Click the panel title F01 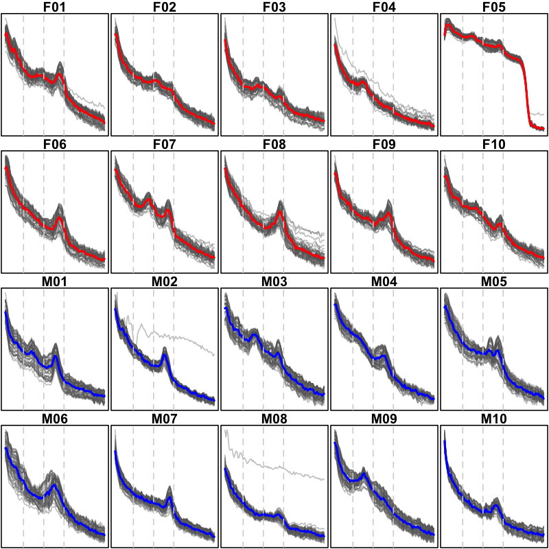[55, 8]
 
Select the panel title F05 [494, 8]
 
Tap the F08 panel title [274, 145]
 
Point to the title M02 [165, 283]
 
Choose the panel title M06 [55, 420]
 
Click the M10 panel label [494, 420]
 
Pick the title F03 [274, 8]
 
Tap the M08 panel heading [274, 420]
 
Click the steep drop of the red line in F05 [527, 96]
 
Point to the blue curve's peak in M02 [165, 355]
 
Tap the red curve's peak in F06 [60, 218]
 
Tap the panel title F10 [494, 145]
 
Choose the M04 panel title [384, 283]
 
